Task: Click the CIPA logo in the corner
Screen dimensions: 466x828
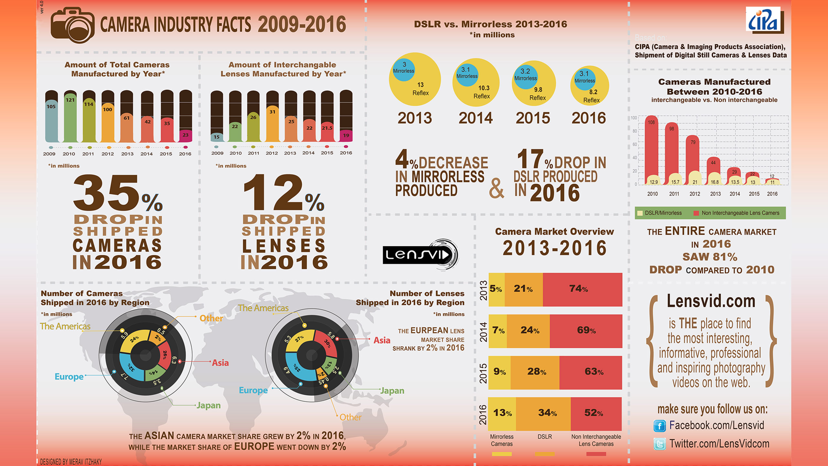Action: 765,20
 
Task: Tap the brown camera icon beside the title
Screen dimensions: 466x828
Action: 73,25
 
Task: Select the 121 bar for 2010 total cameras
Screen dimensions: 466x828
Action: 70,118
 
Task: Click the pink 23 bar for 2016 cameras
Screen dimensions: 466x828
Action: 185,136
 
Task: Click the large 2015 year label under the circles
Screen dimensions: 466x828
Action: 533,118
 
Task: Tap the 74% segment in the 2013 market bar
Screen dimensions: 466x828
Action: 582,289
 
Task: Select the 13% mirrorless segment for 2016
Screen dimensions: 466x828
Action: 502,413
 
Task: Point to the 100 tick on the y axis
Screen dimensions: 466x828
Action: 634,118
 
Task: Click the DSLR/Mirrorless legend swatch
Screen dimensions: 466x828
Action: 640,213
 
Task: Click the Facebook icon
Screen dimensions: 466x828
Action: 659,426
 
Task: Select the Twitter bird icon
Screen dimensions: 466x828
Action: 659,444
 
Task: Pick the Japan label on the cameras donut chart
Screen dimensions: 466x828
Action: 209,405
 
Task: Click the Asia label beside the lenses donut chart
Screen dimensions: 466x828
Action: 382,340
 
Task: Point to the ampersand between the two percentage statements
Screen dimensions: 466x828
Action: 496,188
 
